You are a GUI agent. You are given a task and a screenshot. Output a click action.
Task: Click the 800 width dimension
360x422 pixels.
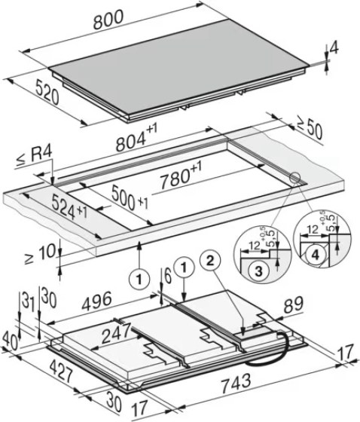pyautogui.click(x=108, y=20)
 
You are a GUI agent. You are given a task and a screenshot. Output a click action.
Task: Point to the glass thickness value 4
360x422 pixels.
pyautogui.click(x=335, y=47)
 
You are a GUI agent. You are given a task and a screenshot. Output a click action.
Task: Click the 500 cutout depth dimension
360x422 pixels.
pyautogui.click(x=130, y=198)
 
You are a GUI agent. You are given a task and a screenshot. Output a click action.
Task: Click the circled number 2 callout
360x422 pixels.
pyautogui.click(x=210, y=260)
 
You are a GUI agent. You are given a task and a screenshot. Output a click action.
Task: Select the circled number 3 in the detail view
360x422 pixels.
pyautogui.click(x=258, y=271)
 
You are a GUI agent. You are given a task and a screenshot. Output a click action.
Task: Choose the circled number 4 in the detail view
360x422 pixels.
pyautogui.click(x=316, y=254)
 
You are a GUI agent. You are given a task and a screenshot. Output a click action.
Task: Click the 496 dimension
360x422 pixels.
pyautogui.click(x=97, y=301)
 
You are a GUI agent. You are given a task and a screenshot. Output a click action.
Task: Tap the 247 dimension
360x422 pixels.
pyautogui.click(x=116, y=333)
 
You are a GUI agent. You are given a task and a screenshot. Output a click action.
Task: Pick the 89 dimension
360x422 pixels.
pyautogui.click(x=294, y=305)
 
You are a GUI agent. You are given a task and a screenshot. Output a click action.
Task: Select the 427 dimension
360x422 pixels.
pyautogui.click(x=61, y=372)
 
